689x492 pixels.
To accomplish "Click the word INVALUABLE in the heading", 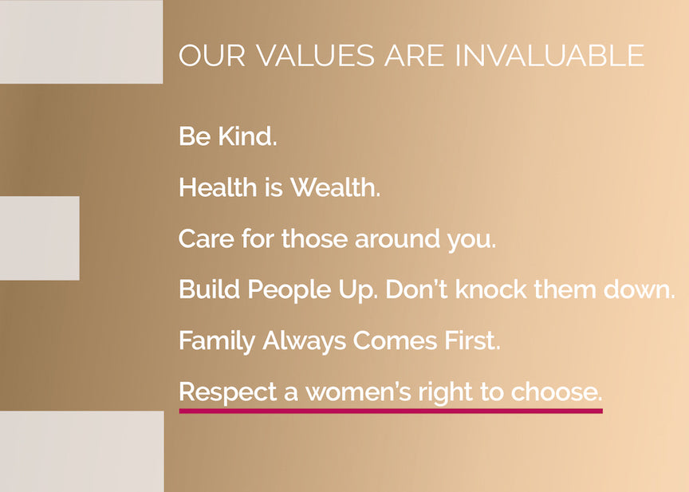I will (549, 56).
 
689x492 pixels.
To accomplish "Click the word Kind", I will (247, 136).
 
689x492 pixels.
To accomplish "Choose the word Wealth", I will (335, 188).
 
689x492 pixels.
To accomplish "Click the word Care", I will (204, 239).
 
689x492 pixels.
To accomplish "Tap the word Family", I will (212, 341).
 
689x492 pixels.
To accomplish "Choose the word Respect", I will (222, 392).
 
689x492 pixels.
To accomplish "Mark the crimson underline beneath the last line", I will (391, 411).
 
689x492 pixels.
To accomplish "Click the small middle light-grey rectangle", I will (39, 238).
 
